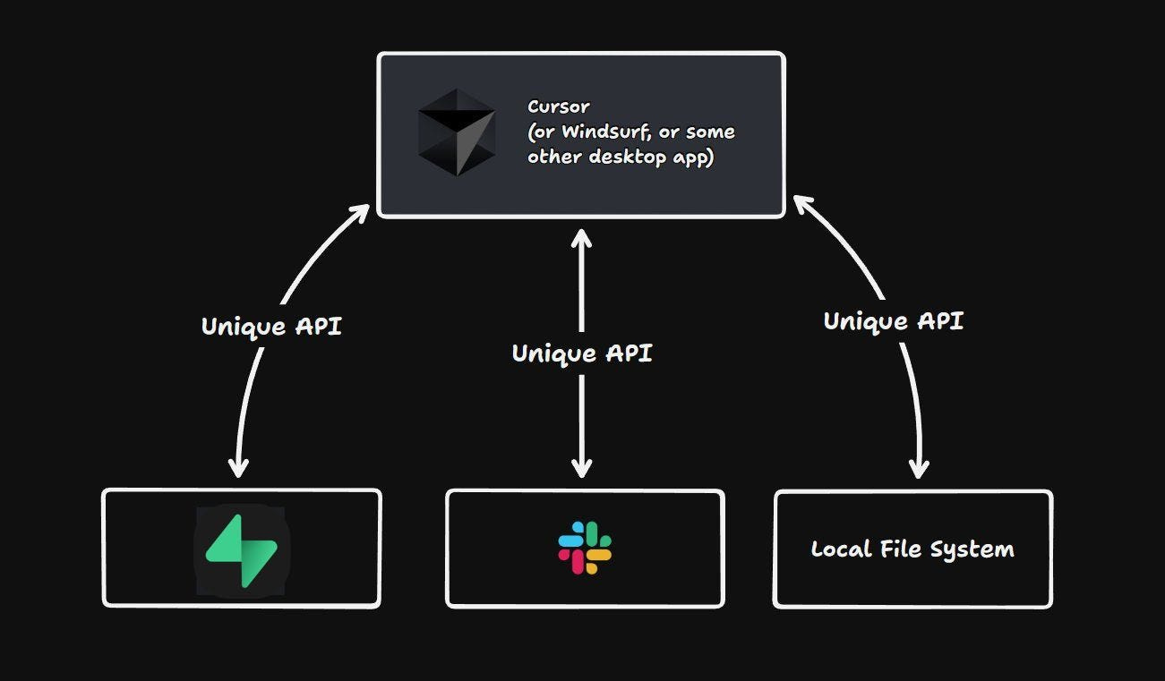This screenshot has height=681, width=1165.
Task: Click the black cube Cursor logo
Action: pyautogui.click(x=457, y=132)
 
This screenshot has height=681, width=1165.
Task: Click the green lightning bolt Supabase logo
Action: pyautogui.click(x=242, y=549)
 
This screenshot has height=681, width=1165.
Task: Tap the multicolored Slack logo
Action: pyautogui.click(x=585, y=548)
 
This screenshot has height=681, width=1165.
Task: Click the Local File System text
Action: pyautogui.click(x=912, y=549)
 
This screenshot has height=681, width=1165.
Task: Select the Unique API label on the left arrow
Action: pyautogui.click(x=271, y=326)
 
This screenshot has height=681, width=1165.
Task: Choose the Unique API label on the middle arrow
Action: pyautogui.click(x=582, y=353)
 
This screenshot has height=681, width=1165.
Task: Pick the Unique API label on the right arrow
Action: pyautogui.click(x=893, y=321)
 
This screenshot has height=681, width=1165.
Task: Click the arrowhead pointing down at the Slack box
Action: pyautogui.click(x=582, y=468)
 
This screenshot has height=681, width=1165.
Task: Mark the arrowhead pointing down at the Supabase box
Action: pyautogui.click(x=238, y=467)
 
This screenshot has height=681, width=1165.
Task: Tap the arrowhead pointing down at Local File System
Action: pyautogui.click(x=919, y=468)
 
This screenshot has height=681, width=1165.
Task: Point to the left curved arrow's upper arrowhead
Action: pyautogui.click(x=360, y=213)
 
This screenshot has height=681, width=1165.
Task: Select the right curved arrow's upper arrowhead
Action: pyautogui.click(x=801, y=205)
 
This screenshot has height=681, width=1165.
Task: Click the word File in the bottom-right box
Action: pyautogui.click(x=903, y=549)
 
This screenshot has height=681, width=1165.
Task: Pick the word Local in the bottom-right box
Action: pyautogui.click(x=840, y=549)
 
